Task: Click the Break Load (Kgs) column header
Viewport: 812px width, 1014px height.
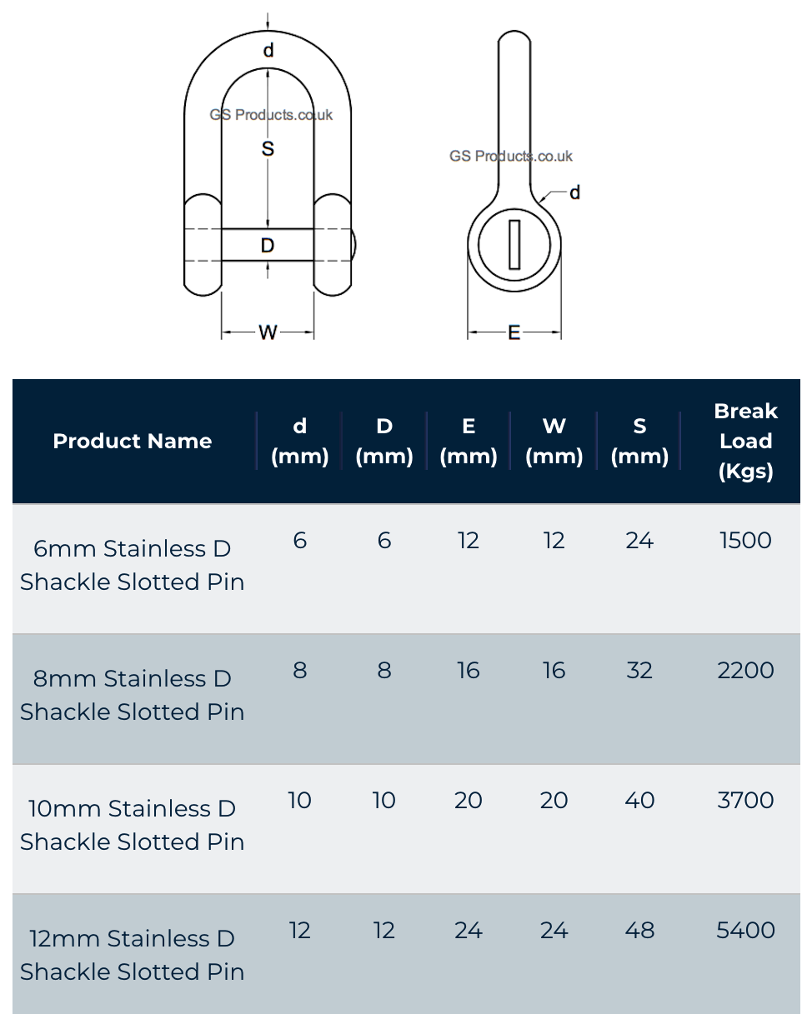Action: coord(745,441)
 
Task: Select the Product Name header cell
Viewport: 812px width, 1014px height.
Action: coord(132,441)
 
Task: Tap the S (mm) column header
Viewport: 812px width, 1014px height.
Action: coord(639,441)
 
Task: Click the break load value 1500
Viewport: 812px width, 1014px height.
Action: coord(745,541)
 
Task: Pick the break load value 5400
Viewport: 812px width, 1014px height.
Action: coord(745,930)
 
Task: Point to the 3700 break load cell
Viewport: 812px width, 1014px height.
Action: coord(745,800)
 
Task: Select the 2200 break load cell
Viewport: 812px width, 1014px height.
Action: coord(745,671)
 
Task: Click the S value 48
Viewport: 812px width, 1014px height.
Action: coord(639,930)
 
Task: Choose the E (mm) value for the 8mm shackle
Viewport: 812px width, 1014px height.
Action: coord(469,671)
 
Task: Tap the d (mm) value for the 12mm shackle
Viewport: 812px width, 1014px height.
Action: coord(300,930)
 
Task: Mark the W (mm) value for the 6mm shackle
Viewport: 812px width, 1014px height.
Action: coord(554,541)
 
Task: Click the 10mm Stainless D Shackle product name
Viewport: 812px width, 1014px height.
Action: coord(132,824)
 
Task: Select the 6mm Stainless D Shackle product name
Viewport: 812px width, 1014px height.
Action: coord(132,565)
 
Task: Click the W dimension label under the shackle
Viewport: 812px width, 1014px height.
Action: coord(268,332)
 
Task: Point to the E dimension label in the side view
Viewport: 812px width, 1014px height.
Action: coord(514,332)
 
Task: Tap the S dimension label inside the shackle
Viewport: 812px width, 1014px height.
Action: coord(268,149)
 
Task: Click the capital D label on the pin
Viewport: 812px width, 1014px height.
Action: coord(268,245)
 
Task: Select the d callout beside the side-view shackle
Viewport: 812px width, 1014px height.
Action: coord(574,193)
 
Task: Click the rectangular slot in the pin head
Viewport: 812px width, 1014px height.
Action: coord(514,244)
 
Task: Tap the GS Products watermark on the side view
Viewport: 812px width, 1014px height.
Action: coord(510,156)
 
